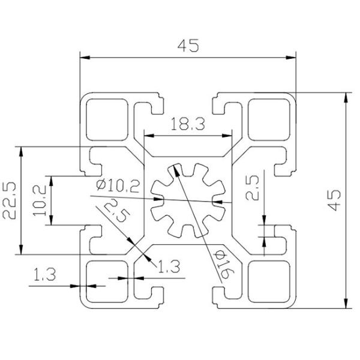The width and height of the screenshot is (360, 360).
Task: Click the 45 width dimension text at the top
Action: click(188, 46)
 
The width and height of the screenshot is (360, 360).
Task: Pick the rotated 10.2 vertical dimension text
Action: click(41, 201)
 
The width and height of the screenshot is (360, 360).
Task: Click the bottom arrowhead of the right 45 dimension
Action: click(346, 304)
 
